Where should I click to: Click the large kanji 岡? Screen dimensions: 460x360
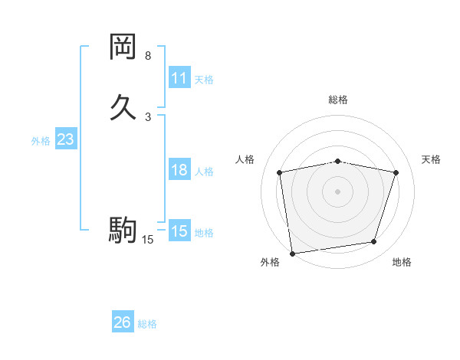123,47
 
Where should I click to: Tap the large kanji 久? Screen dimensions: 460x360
123,106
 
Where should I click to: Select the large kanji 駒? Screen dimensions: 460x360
123,229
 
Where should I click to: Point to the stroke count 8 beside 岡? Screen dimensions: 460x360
148,56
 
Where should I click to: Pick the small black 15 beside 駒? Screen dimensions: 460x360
148,240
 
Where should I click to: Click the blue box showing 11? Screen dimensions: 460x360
179,78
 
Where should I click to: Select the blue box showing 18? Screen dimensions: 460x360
179,170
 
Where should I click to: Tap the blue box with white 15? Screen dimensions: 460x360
179,231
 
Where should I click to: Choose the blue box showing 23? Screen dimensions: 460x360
66,139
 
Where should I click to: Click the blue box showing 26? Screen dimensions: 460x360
123,322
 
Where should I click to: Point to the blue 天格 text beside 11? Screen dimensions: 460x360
204,80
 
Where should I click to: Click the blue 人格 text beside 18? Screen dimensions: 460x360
204,172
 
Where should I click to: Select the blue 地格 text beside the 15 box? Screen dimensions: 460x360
204,233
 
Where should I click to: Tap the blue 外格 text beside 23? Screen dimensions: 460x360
41,141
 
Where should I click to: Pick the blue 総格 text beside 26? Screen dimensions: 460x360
147,324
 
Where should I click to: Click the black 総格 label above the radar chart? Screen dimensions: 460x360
338,100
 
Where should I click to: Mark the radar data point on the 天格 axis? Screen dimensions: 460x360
396,172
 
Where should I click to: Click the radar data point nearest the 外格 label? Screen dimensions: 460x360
292,253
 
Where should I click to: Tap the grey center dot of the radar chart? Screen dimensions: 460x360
338,191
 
